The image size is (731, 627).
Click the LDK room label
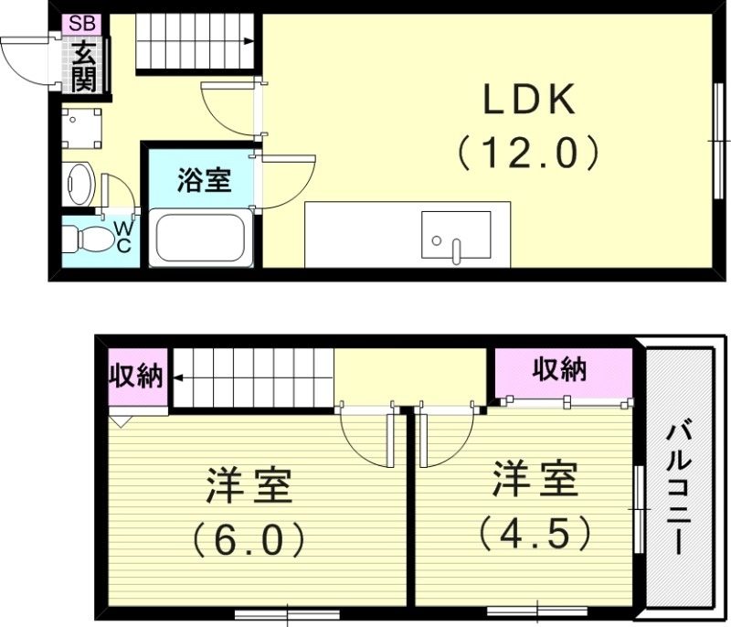click(x=529, y=101)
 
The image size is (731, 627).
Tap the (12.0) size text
click(x=529, y=152)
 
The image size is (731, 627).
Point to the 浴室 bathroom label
click(x=203, y=180)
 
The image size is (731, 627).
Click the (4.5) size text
click(x=535, y=532)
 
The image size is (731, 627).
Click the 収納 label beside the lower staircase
click(x=137, y=376)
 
